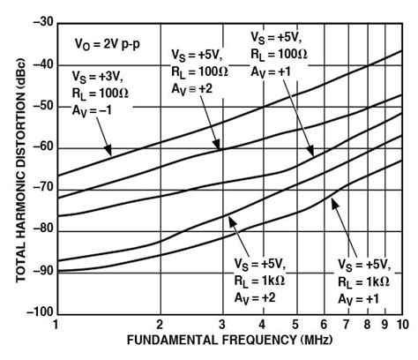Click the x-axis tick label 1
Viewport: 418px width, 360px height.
click(56, 326)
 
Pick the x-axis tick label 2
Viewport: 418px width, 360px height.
click(160, 326)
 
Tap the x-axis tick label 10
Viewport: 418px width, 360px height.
click(399, 326)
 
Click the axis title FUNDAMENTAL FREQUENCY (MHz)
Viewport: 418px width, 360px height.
click(228, 341)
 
